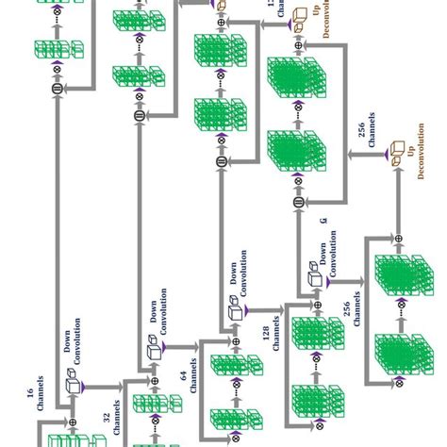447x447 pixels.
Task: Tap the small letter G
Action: tap(322, 221)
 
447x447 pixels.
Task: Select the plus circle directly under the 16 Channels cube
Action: tap(73, 421)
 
